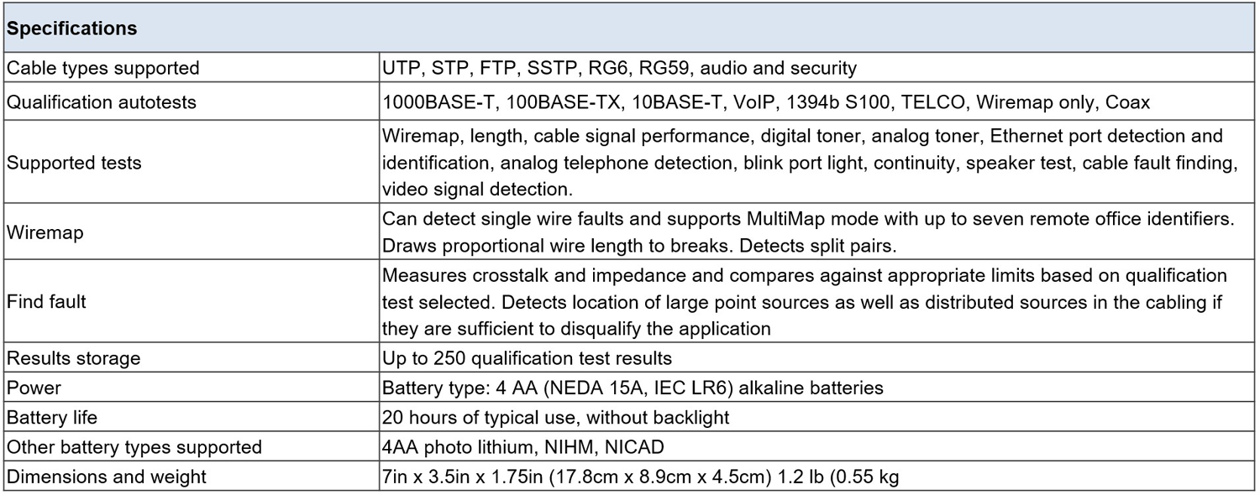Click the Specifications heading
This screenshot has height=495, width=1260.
tap(71, 29)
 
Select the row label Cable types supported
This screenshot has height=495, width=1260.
tap(103, 68)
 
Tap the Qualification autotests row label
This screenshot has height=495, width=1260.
tap(102, 102)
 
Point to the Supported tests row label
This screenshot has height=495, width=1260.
tap(74, 163)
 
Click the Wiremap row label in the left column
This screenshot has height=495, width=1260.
tap(45, 232)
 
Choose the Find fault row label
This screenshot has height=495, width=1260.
tap(46, 302)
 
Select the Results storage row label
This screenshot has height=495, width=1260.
tap(73, 358)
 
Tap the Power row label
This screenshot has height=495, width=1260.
tap(34, 388)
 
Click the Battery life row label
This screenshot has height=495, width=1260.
tap(52, 418)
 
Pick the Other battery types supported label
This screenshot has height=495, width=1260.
tap(134, 447)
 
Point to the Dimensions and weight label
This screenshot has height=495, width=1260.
tap(106, 477)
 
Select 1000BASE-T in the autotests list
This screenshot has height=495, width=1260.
tap(438, 102)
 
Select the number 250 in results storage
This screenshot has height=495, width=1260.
tap(449, 358)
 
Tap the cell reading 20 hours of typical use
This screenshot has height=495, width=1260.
tap(556, 418)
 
